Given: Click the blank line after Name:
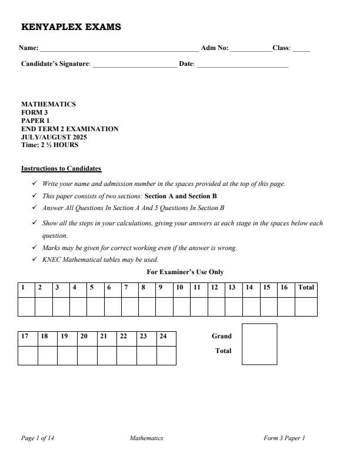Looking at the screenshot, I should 119,49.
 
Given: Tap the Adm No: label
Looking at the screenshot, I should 215,48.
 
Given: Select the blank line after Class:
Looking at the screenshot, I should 301,49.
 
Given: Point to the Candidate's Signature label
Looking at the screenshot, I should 56,64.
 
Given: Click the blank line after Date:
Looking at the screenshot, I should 242,65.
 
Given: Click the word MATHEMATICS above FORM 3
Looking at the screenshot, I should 48,104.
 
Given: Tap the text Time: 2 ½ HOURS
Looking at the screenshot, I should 50,145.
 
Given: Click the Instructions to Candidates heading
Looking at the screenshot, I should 61,169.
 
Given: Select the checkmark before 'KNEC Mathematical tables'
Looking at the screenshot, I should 35,259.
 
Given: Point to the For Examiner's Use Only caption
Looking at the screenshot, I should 185,272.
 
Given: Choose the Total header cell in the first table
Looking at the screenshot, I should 306,288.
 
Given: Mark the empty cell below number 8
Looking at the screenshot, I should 147,307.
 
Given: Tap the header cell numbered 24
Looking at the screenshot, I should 166,337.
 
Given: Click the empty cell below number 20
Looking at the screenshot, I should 87,355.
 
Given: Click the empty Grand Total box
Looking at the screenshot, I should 259,344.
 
